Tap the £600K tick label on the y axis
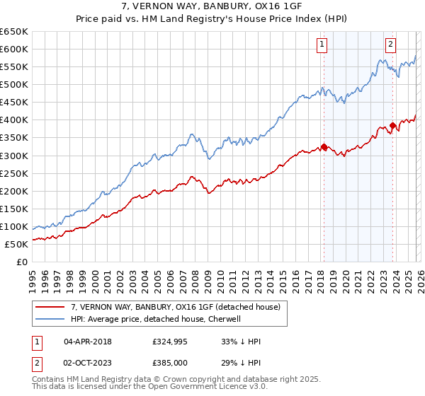tap(14, 49)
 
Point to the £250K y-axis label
tap(14, 173)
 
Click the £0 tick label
tap(22, 262)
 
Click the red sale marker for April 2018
tap(324, 147)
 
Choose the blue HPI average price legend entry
tap(156, 319)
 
